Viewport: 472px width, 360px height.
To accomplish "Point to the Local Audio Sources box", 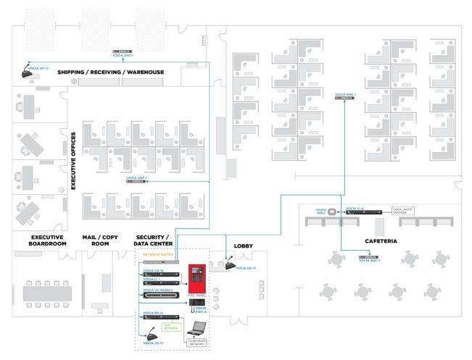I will coord(407,211).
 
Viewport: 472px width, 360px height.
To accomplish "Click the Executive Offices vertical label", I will coord(73,160).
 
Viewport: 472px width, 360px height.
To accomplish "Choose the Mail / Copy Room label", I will coord(100,240).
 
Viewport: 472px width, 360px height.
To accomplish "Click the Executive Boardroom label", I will coord(47,240).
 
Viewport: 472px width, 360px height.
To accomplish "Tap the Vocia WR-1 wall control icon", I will coord(332,212).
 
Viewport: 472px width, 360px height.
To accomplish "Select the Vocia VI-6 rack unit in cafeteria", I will coord(363,212).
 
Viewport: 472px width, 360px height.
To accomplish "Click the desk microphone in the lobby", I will coord(231,266).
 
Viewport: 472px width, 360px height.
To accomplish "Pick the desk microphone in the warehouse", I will coord(29,75).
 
